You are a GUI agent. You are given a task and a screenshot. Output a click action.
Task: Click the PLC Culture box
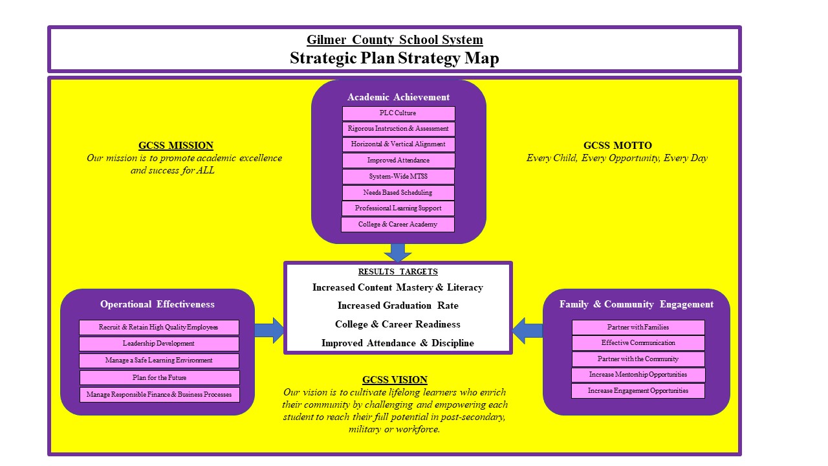click(398, 113)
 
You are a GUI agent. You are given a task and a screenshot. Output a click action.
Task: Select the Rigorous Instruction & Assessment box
click(398, 129)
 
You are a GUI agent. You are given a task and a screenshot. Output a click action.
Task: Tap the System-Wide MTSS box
click(398, 177)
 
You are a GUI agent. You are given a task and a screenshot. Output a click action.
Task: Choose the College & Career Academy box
click(398, 225)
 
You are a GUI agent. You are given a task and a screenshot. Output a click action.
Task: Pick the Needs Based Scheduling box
click(398, 192)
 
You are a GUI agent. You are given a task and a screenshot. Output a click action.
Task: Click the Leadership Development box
click(158, 344)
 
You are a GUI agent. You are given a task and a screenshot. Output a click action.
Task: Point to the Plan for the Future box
click(159, 377)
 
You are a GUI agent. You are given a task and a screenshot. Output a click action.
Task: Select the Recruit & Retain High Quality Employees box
click(158, 327)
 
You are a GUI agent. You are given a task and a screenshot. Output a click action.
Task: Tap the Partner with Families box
click(638, 327)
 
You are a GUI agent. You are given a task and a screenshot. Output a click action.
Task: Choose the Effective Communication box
click(638, 343)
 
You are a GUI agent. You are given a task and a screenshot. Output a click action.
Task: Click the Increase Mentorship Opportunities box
click(638, 375)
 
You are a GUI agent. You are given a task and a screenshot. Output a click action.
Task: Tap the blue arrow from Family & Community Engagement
click(527, 330)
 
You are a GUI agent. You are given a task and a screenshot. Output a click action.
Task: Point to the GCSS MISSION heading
click(176, 146)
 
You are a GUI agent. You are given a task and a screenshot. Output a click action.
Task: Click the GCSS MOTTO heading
click(617, 146)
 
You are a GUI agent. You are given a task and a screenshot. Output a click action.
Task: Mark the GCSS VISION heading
click(395, 380)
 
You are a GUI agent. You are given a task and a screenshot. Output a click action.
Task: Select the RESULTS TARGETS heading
click(398, 272)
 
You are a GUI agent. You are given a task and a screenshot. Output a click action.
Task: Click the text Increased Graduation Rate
click(398, 305)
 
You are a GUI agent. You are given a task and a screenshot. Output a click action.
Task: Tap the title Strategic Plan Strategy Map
click(395, 58)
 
